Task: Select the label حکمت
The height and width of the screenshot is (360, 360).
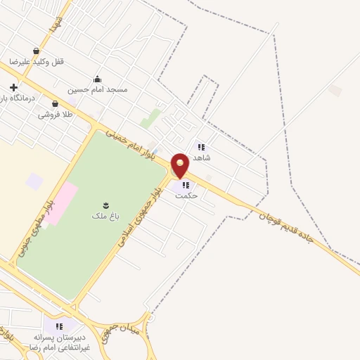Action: pos(186,196)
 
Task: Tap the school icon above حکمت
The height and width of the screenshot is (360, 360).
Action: pos(186,185)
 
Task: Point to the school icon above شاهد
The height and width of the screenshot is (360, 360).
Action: pos(201,147)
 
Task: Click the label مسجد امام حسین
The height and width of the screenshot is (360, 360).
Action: pos(98,90)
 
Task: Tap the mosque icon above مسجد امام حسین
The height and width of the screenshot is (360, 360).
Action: pos(97,79)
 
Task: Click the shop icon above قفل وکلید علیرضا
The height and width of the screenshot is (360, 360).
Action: pos(36,51)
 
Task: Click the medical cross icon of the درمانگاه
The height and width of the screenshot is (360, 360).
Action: pos(13,87)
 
